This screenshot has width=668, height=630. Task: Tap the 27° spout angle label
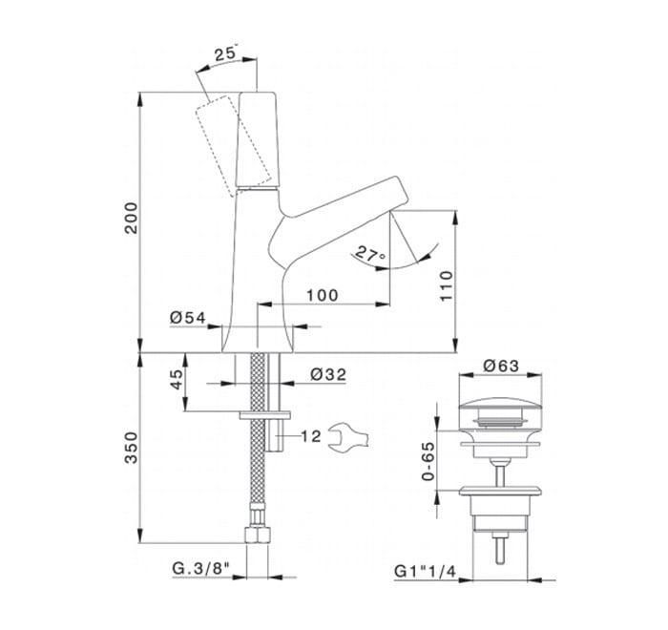tap(370, 254)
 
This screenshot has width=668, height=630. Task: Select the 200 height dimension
tap(132, 218)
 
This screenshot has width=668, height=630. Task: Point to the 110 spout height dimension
tap(446, 285)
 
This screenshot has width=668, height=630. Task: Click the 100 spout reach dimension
tap(323, 295)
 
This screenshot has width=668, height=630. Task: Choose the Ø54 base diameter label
tap(188, 318)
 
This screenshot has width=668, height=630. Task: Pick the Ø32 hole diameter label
tap(328, 374)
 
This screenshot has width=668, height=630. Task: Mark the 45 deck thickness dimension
tap(176, 379)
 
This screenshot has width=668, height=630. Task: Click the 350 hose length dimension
tap(132, 448)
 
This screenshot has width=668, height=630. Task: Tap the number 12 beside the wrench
tap(311, 436)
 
